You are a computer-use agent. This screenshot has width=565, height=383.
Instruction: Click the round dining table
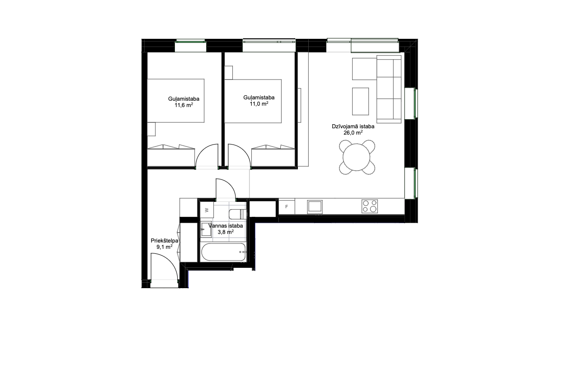(356, 157)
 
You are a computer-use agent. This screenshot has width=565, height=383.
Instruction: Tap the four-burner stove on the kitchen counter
(370, 206)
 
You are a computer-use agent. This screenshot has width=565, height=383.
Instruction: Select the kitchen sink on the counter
(315, 207)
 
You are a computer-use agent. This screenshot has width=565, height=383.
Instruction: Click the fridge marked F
(287, 206)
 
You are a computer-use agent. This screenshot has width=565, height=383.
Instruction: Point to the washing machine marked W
(207, 210)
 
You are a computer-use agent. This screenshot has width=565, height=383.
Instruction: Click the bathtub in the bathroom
(223, 252)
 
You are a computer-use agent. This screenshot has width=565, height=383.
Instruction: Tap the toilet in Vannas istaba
(238, 214)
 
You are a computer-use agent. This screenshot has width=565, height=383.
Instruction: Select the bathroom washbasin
(206, 229)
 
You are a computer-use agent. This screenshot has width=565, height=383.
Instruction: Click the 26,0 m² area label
(353, 132)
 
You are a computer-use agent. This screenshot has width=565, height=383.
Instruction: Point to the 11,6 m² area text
(184, 105)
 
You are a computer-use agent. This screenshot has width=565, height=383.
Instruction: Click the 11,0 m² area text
(259, 103)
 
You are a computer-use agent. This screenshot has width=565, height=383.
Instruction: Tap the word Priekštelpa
(165, 241)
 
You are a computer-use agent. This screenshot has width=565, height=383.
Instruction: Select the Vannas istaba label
(226, 226)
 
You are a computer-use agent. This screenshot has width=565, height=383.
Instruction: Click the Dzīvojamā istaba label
(353, 126)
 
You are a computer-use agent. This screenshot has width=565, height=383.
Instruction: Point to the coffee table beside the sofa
(360, 101)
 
